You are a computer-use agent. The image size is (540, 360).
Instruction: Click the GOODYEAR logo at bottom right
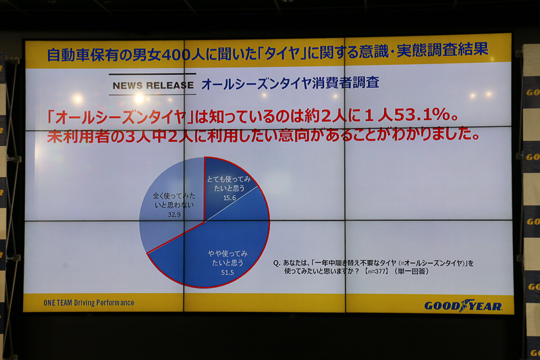(x=463, y=305)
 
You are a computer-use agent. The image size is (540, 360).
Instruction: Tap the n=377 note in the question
(x=385, y=272)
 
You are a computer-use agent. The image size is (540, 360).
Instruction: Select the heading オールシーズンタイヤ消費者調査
(x=290, y=84)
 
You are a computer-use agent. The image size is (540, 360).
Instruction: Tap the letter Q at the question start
(x=277, y=263)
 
